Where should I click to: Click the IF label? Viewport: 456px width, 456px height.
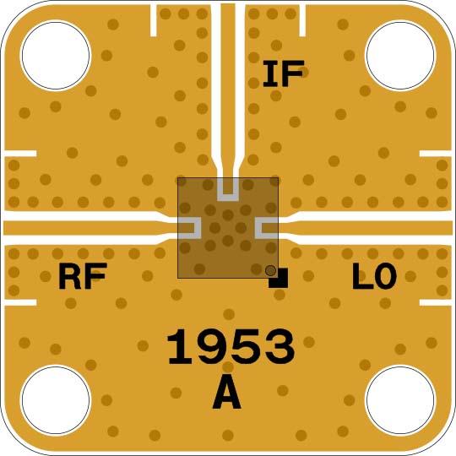284,73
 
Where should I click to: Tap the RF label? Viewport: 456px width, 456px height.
83,275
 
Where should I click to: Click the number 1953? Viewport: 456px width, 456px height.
231,347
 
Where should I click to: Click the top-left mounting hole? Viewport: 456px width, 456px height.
56,55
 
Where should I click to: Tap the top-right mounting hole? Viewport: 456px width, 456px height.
400,55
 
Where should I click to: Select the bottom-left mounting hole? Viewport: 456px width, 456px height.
56,400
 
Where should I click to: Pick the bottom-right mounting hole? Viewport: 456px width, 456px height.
400,400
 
